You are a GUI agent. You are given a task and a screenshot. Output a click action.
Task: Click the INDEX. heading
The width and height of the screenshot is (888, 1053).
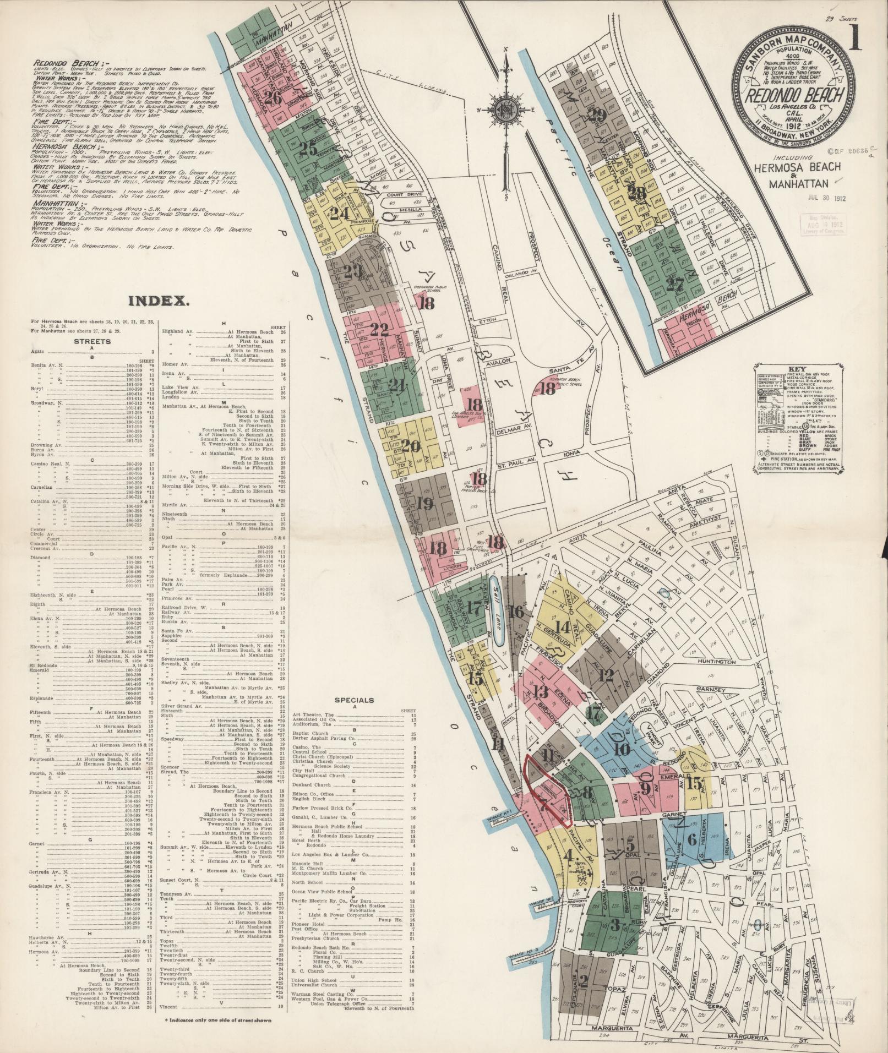pos(159,301)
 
